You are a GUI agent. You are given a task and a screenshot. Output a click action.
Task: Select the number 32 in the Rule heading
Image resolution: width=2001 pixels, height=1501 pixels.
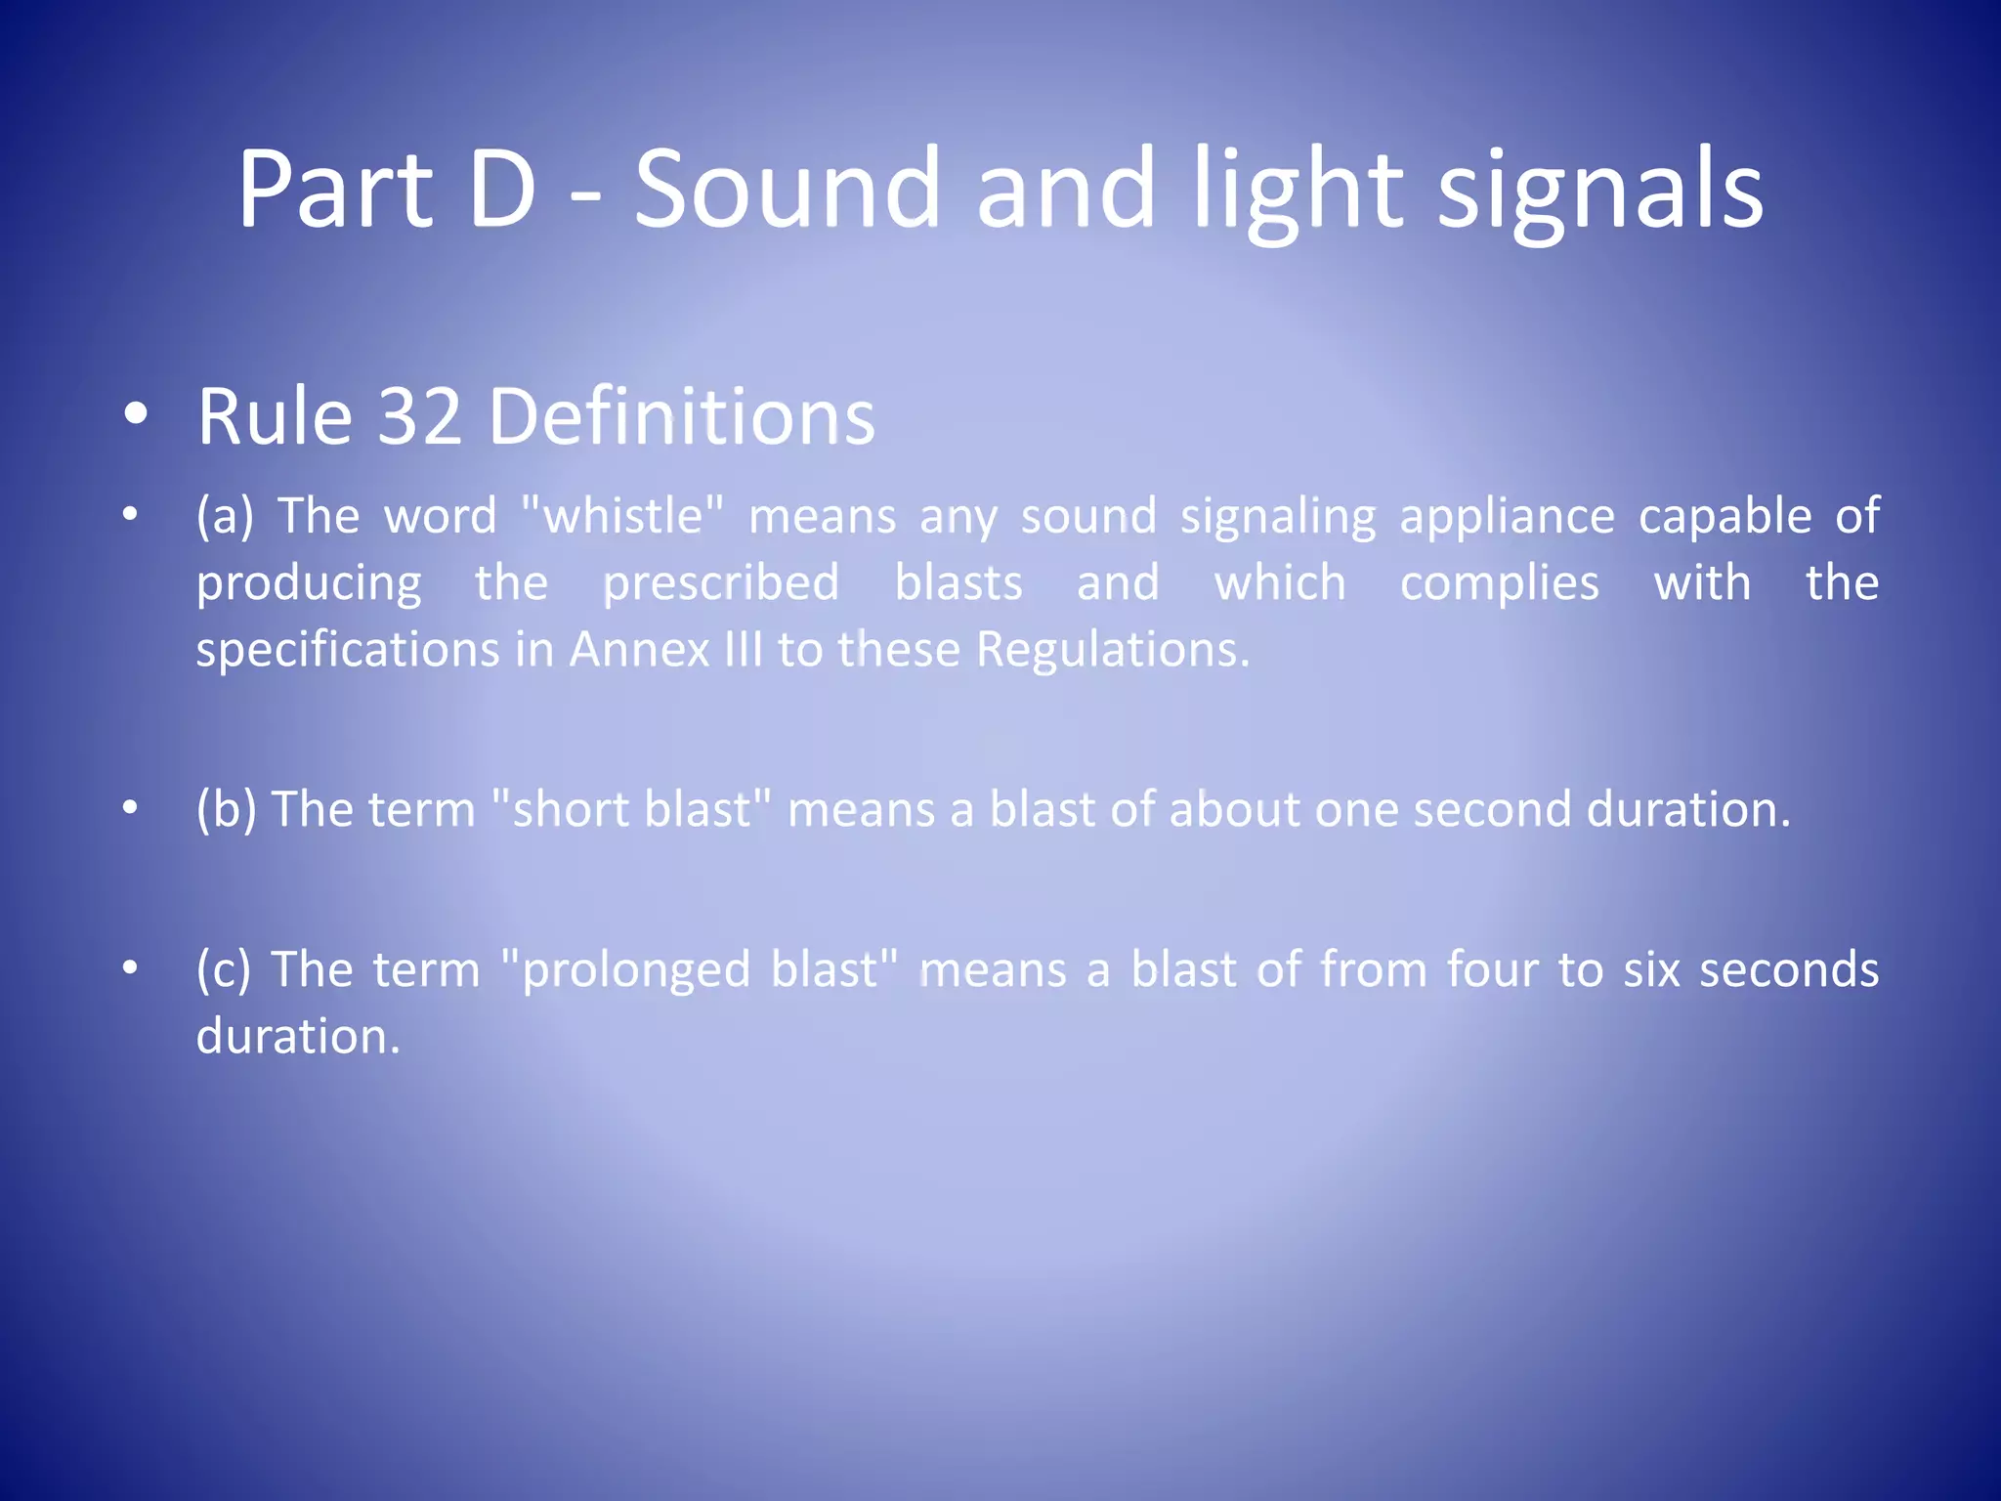click(x=419, y=417)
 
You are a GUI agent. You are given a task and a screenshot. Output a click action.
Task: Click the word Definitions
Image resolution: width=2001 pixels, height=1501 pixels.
click(x=681, y=417)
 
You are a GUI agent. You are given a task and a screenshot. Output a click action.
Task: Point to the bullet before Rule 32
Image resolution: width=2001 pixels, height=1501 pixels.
click(x=136, y=414)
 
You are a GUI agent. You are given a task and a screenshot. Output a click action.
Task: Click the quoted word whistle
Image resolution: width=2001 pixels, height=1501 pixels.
click(x=623, y=516)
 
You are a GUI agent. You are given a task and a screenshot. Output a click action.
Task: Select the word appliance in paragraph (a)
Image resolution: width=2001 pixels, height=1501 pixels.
click(x=1507, y=516)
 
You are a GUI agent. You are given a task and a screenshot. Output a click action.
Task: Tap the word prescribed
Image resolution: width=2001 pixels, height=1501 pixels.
click(x=721, y=583)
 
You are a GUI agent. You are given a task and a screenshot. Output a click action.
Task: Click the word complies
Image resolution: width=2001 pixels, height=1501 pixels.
click(x=1500, y=583)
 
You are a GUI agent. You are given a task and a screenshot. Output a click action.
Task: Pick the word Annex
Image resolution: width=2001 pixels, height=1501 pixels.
click(x=639, y=650)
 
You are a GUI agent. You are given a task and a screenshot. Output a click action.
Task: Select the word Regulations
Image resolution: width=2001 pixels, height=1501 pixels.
click(x=1112, y=650)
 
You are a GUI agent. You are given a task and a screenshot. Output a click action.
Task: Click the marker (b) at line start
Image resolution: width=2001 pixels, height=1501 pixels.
click(x=227, y=810)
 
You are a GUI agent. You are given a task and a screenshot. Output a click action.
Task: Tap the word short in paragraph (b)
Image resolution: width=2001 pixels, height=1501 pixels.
click(x=571, y=810)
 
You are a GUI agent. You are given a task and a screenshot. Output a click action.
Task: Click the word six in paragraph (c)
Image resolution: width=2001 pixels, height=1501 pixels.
click(x=1650, y=970)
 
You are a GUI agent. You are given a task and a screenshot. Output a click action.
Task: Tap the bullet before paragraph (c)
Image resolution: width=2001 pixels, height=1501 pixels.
click(x=130, y=967)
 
